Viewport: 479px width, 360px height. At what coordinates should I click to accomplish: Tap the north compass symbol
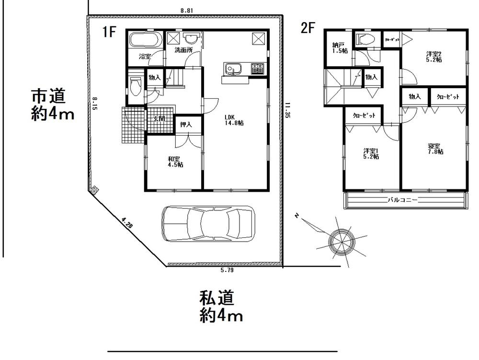[x=340, y=238]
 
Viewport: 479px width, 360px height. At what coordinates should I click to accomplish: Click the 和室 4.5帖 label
[x=175, y=162]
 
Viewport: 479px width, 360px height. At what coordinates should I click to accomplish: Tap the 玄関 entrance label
[x=160, y=119]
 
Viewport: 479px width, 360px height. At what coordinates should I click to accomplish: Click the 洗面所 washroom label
[x=182, y=49]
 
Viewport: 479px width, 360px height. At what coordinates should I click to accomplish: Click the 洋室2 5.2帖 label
[x=434, y=57]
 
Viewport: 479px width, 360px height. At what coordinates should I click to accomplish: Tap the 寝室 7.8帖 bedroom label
[x=434, y=149]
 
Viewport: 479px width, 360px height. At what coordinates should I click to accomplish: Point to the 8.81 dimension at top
[x=187, y=10]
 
